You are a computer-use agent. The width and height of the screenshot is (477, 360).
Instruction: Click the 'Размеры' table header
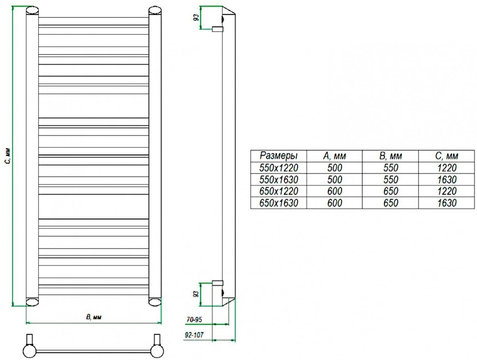tap(278, 156)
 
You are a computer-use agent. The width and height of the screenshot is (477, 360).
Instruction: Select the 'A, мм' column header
tap(334, 156)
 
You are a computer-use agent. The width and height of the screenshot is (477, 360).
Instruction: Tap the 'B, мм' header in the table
tap(390, 156)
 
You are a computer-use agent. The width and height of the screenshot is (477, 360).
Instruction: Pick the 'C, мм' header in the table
tap(446, 156)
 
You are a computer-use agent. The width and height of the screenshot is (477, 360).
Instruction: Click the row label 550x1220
tap(278, 168)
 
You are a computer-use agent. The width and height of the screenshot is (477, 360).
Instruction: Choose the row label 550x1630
tap(278, 180)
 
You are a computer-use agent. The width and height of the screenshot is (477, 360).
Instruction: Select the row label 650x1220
tap(278, 191)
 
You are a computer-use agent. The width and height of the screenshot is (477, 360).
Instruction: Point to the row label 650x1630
tap(278, 203)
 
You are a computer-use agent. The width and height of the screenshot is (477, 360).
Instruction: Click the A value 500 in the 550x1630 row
tap(334, 180)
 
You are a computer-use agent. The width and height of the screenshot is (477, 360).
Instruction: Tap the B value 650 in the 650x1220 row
tap(390, 191)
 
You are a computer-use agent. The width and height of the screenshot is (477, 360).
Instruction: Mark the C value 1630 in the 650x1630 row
tap(446, 203)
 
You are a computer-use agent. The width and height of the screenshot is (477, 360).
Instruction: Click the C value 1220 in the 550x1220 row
tap(446, 168)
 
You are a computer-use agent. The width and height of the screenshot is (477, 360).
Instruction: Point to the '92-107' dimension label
tap(194, 335)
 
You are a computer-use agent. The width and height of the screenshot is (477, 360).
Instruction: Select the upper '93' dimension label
tap(196, 17)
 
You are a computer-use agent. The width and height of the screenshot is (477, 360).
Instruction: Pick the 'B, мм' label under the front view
tap(94, 317)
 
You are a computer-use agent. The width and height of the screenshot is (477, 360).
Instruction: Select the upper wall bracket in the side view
tap(217, 28)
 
